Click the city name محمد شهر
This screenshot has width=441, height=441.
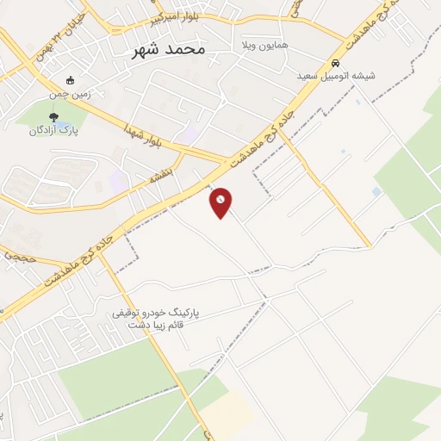pyautogui.click(x=170, y=49)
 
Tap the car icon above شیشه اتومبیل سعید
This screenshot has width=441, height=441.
pyautogui.click(x=335, y=63)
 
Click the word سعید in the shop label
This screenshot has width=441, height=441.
pyautogui.click(x=308, y=76)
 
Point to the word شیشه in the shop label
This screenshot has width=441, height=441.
pyautogui.click(x=363, y=76)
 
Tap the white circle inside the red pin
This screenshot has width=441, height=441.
pyautogui.click(x=220, y=199)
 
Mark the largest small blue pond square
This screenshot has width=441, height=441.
pyautogui.click(x=376, y=191)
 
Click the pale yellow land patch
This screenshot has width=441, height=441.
pyautogui.click(x=229, y=413)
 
